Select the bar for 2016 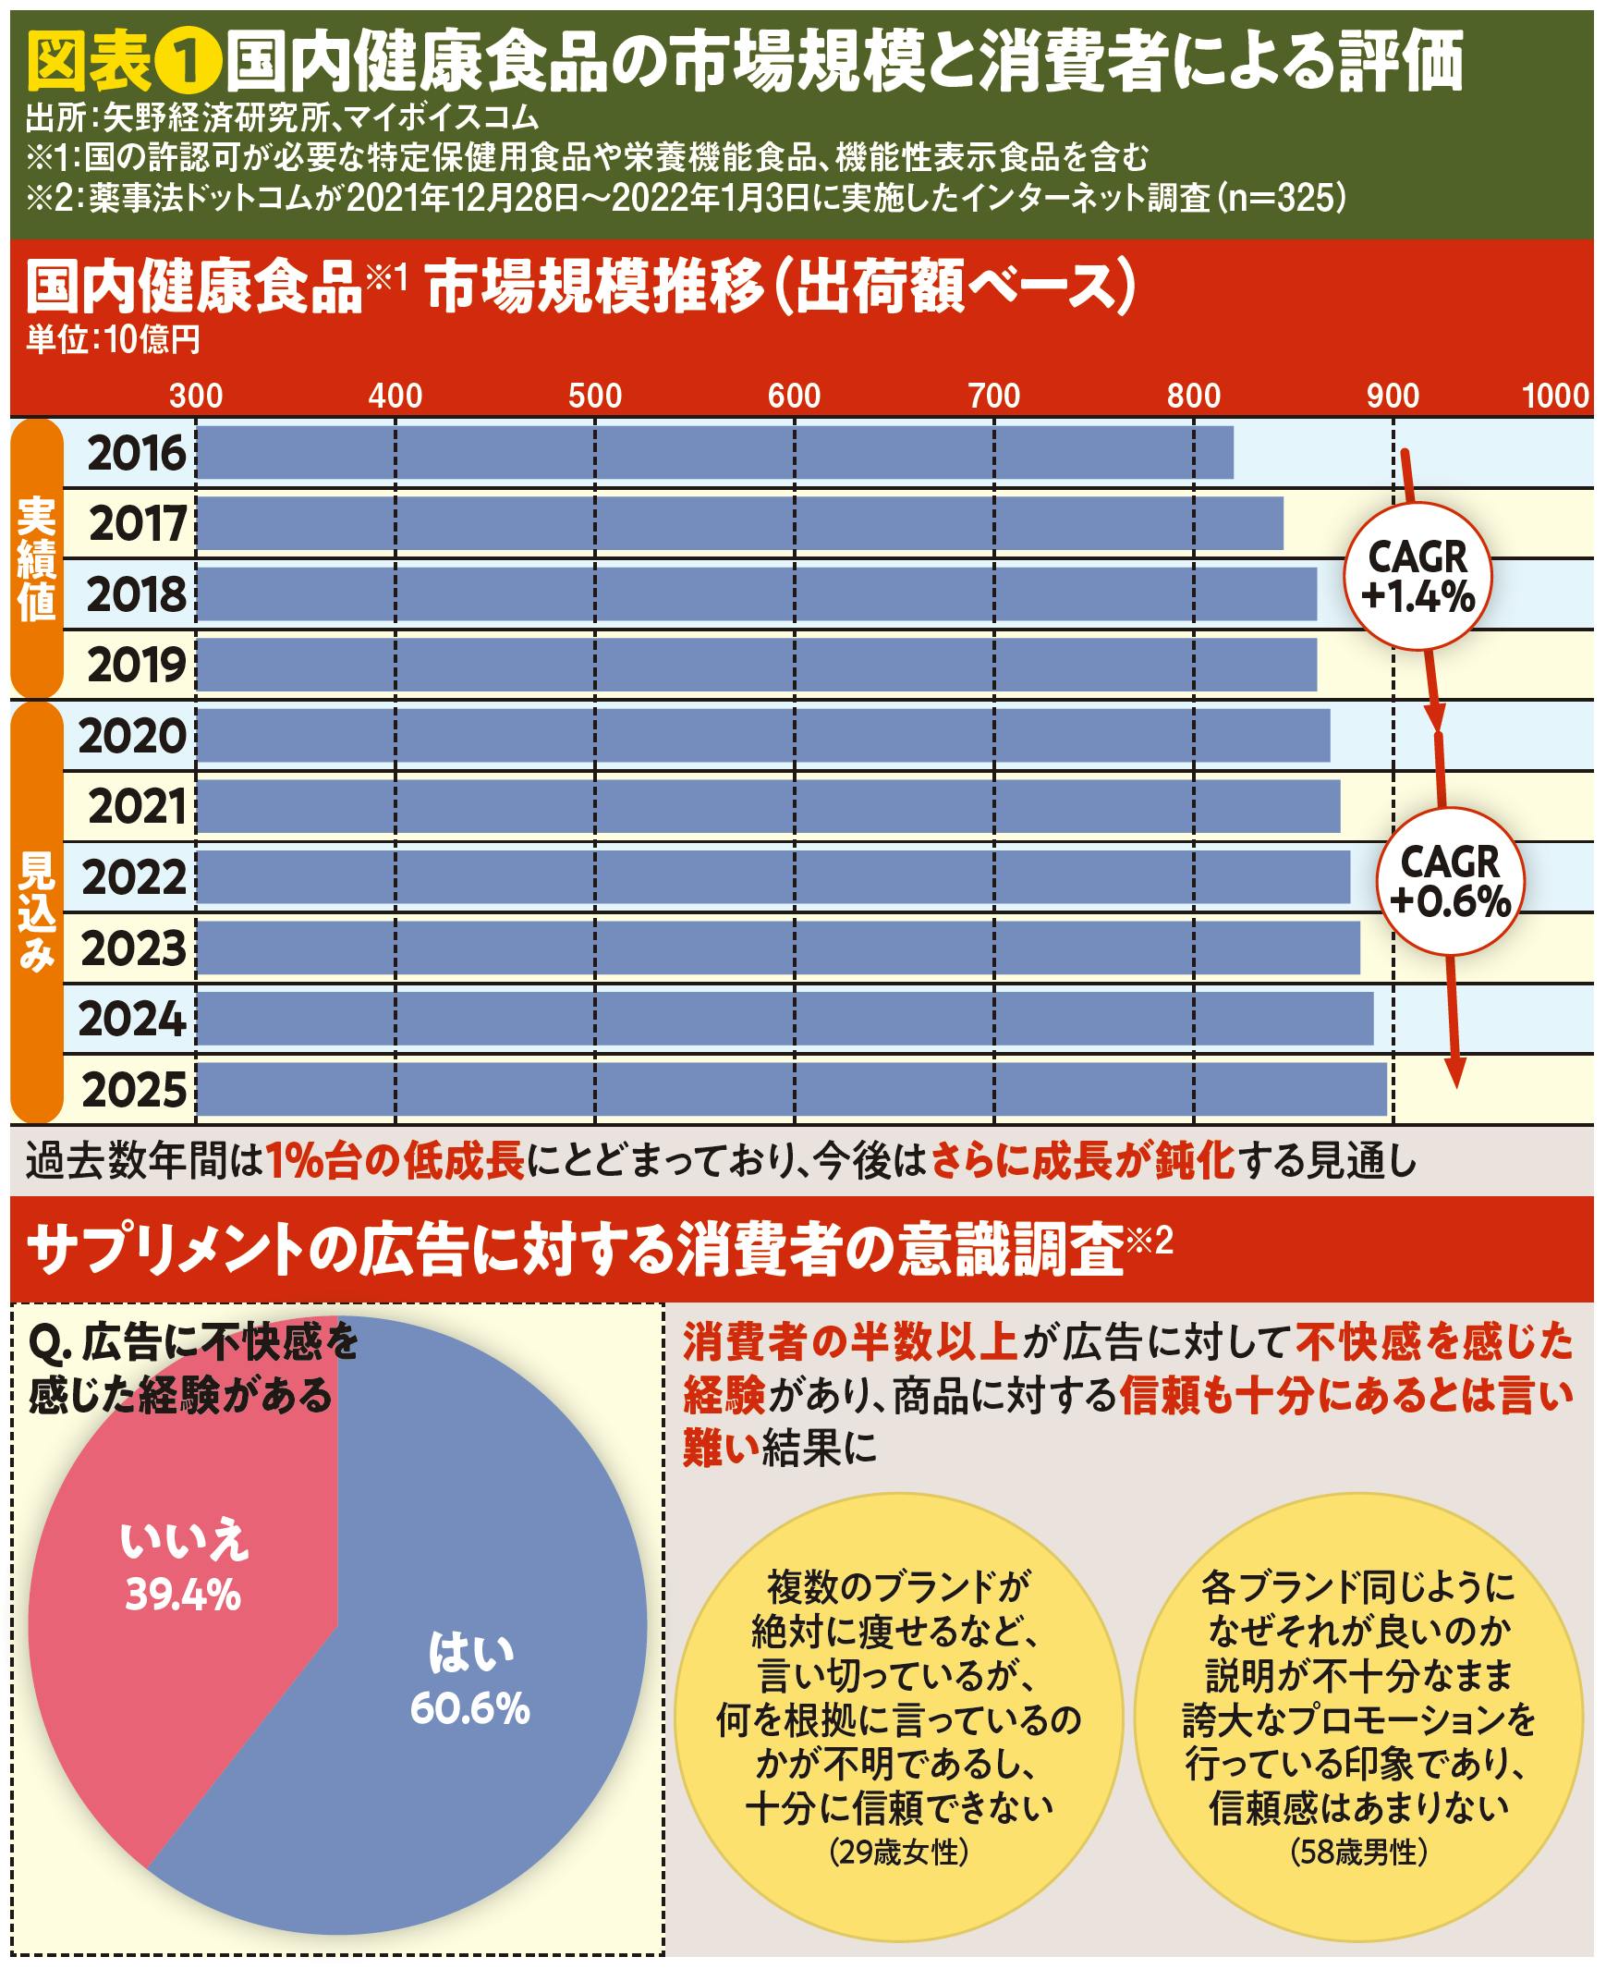(714, 452)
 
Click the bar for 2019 (756, 665)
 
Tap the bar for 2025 (791, 1089)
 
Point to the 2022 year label (134, 877)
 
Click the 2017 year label (138, 524)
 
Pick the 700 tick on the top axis (993, 396)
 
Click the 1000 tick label (1555, 396)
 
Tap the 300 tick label (196, 396)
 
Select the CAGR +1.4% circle (1417, 577)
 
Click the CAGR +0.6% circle (1450, 881)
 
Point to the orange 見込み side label (37, 911)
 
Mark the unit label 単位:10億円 (113, 340)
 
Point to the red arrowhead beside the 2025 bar (1455, 1073)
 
